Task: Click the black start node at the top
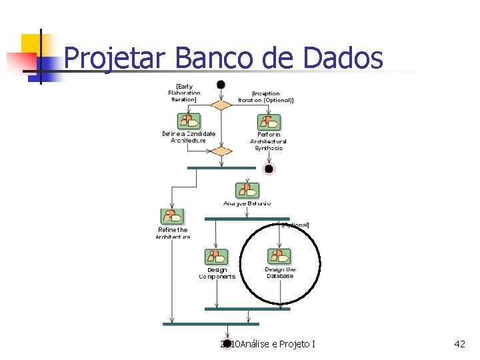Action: [x=221, y=85]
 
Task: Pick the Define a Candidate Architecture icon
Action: [x=189, y=121]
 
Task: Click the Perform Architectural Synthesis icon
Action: [x=269, y=123]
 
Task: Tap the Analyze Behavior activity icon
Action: [x=247, y=190]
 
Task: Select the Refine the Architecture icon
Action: [x=172, y=217]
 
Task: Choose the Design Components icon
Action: [x=215, y=257]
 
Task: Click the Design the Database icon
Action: [x=279, y=257]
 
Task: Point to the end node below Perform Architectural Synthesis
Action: [x=269, y=169]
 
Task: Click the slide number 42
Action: [x=459, y=344]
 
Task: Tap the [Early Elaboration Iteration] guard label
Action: [x=185, y=93]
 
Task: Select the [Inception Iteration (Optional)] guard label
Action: [x=266, y=97]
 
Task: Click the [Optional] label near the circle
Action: [x=295, y=225]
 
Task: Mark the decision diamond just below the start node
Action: [x=221, y=105]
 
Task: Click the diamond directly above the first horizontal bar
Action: [x=221, y=151]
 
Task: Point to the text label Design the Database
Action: [x=280, y=273]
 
